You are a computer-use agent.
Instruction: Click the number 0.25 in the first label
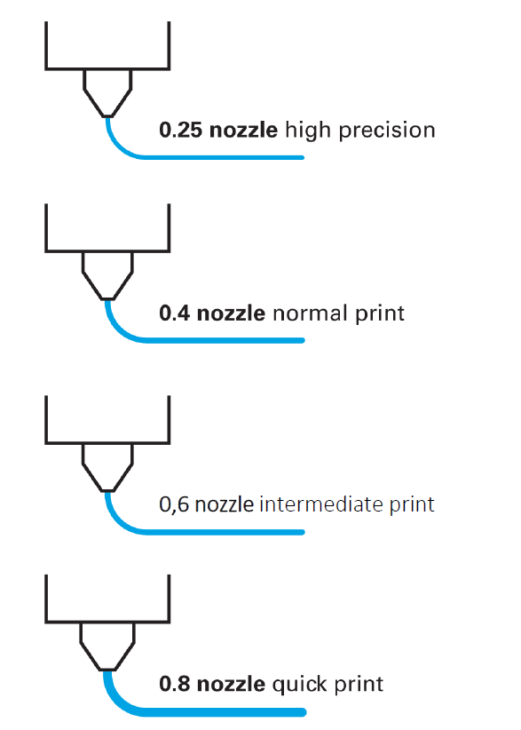(180, 130)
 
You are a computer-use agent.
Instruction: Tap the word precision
(387, 131)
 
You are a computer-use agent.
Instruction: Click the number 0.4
(175, 313)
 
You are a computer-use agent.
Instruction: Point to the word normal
(310, 313)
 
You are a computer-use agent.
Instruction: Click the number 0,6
(174, 504)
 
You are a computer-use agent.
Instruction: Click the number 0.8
(175, 684)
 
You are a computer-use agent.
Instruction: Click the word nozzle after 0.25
(243, 130)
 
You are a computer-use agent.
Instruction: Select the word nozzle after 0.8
(231, 684)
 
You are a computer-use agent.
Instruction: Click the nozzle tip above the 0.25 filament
(107, 115)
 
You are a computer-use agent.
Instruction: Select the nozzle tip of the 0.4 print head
(107, 298)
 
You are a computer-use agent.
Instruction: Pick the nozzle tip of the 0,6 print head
(107, 490)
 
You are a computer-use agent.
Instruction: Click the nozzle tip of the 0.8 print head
(107, 669)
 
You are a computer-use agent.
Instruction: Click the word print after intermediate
(412, 505)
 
